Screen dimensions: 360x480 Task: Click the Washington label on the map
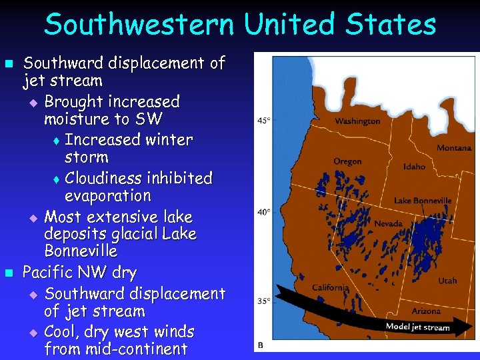pyautogui.click(x=357, y=121)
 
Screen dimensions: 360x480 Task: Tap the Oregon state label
pyautogui.click(x=347, y=161)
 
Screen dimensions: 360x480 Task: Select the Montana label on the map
pyautogui.click(x=454, y=148)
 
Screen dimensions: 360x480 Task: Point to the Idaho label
pyautogui.click(x=414, y=167)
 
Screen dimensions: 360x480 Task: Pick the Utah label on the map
pyautogui.click(x=447, y=281)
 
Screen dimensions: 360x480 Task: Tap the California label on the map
pyautogui.click(x=331, y=287)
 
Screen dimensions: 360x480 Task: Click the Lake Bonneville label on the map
pyautogui.click(x=423, y=201)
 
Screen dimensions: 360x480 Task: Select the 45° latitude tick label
pyautogui.click(x=264, y=121)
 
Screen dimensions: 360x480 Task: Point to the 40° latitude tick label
pyautogui.click(x=264, y=212)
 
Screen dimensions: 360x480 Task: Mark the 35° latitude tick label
pyautogui.click(x=264, y=301)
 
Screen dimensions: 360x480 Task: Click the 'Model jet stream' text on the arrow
pyautogui.click(x=417, y=327)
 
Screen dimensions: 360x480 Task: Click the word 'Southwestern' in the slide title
pyautogui.click(x=139, y=25)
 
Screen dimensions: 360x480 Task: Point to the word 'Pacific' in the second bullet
pyautogui.click(x=49, y=273)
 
